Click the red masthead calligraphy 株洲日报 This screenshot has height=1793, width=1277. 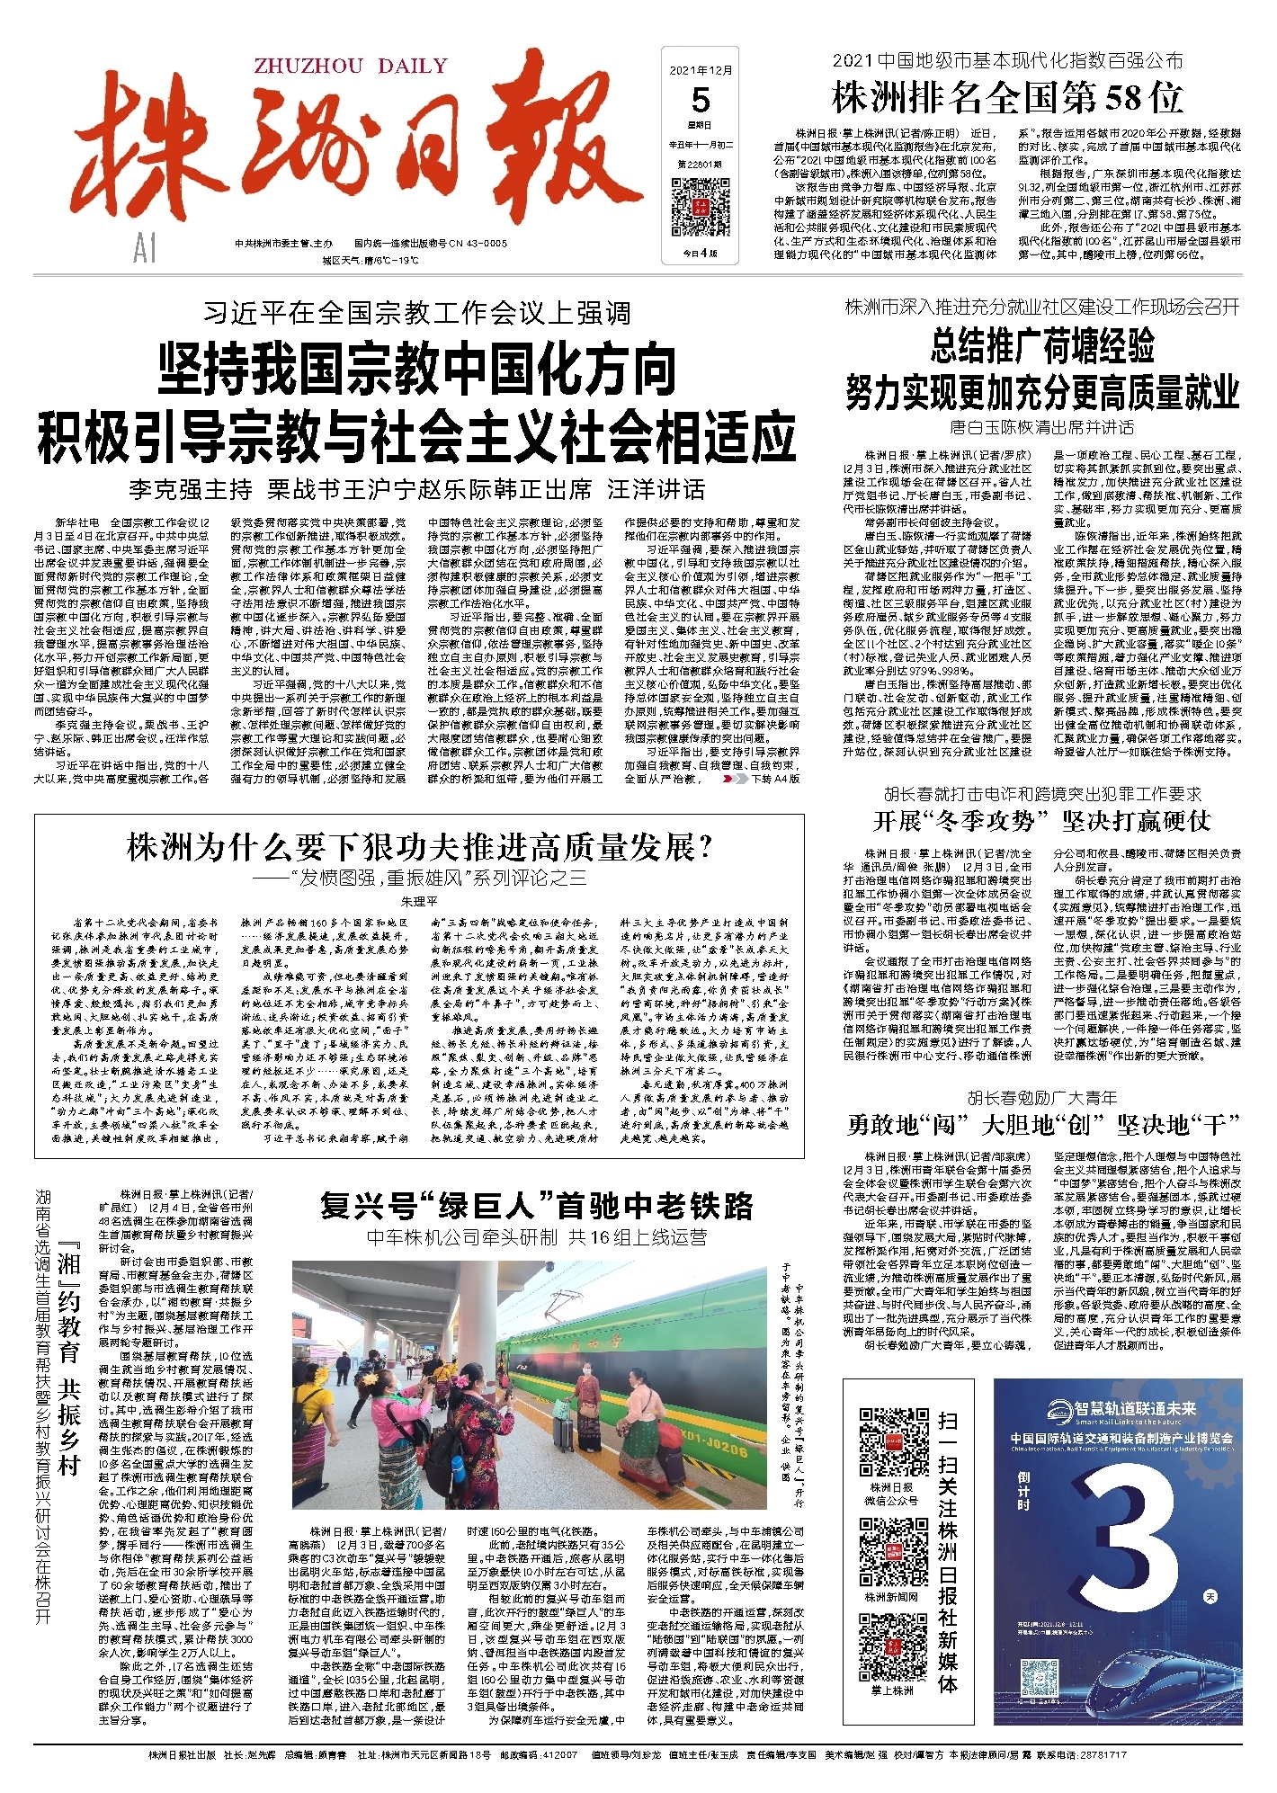[x=360, y=157]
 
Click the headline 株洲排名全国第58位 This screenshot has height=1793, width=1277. [x=1007, y=98]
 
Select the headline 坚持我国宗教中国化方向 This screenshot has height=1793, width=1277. [x=416, y=369]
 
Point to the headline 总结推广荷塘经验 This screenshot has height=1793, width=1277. [x=1042, y=345]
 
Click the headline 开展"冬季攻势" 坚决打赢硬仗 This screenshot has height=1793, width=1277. [x=1042, y=820]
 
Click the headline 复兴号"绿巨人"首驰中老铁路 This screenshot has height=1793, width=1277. [x=537, y=1206]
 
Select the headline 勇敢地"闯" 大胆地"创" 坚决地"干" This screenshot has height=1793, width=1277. [x=1042, y=1124]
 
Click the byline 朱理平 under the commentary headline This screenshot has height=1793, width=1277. [x=419, y=900]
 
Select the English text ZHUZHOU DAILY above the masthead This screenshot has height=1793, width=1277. [x=351, y=66]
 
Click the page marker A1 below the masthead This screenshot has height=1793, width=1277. [x=144, y=248]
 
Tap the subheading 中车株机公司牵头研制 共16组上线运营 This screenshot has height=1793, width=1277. [x=537, y=1237]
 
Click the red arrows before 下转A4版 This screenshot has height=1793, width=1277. [x=735, y=779]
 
